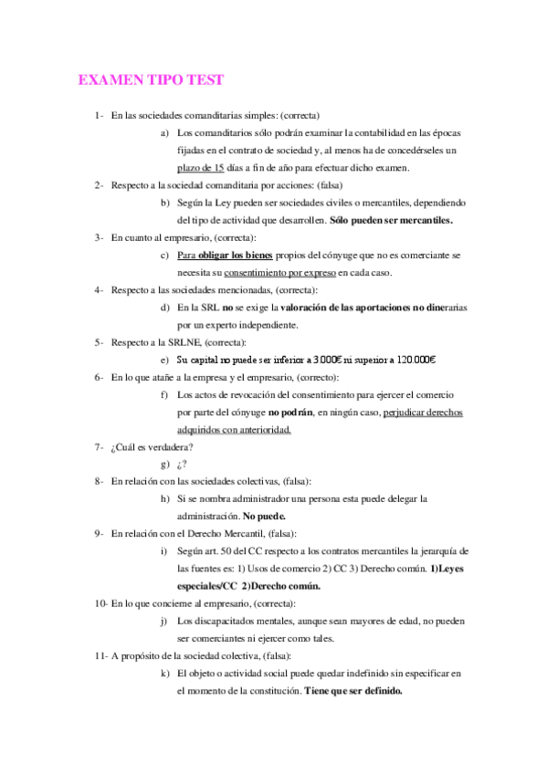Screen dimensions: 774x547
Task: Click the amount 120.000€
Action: pyautogui.click(x=412, y=359)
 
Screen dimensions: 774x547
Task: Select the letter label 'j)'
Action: pyautogui.click(x=163, y=621)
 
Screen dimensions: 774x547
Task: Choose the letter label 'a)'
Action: pyautogui.click(x=163, y=133)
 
